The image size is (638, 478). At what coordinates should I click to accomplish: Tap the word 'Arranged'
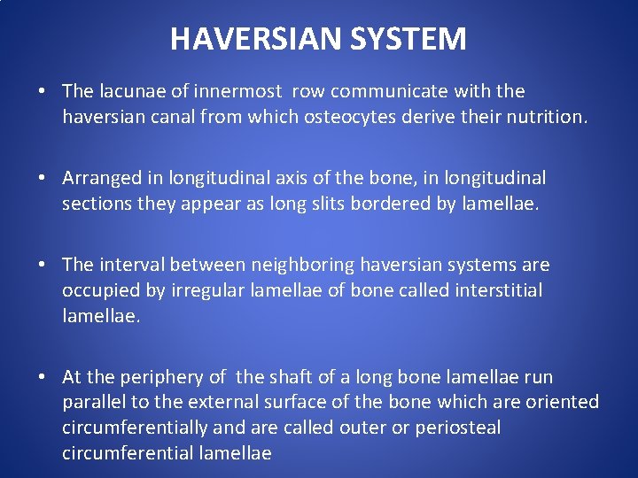[x=98, y=178]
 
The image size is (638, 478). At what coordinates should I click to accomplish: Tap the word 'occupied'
[x=97, y=289]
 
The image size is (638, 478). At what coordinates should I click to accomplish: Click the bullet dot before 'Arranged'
[x=43, y=179]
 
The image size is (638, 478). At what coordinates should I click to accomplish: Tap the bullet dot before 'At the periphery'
[x=43, y=378]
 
